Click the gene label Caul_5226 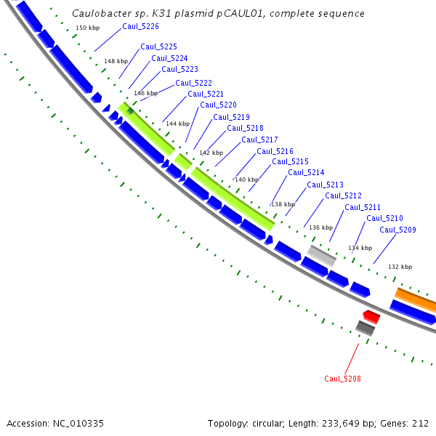(140, 27)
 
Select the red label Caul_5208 (342, 379)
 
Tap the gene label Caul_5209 (397, 230)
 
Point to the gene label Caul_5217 (259, 140)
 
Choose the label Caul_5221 (206, 94)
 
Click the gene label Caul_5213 (325, 185)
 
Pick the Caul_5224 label (169, 58)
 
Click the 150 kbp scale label (87, 28)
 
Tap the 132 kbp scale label (400, 267)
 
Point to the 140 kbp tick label (246, 179)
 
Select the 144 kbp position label (177, 124)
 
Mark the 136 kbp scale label (320, 227)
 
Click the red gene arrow (371, 316)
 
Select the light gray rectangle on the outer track (321, 255)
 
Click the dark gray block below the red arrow (366, 328)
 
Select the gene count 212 (421, 423)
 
